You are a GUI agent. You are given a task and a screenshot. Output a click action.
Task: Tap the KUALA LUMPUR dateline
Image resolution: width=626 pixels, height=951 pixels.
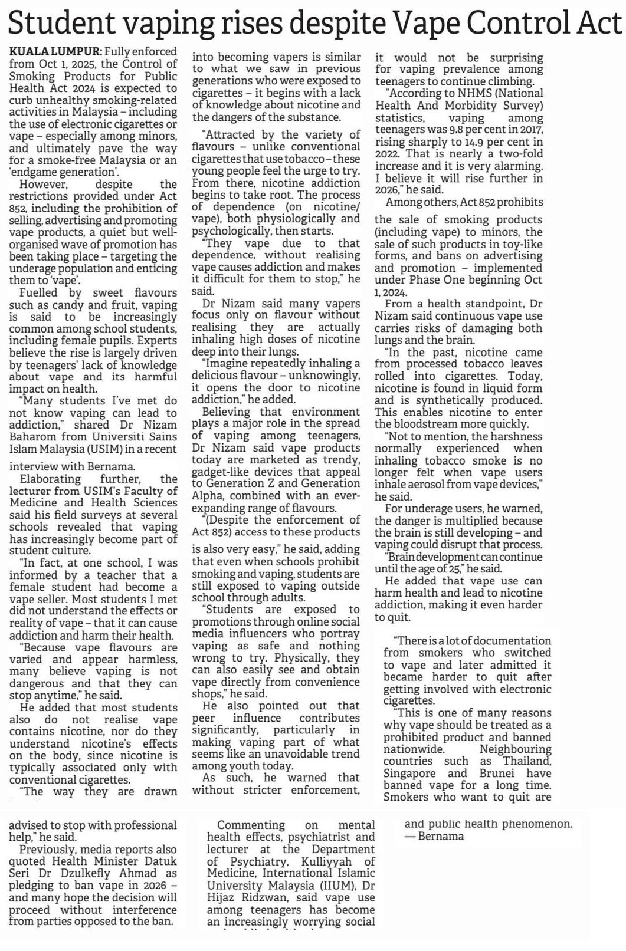55,52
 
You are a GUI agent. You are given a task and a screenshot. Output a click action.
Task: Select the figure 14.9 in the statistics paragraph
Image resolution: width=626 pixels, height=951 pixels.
460,142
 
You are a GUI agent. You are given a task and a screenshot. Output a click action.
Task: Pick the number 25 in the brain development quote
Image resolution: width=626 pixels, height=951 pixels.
453,569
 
